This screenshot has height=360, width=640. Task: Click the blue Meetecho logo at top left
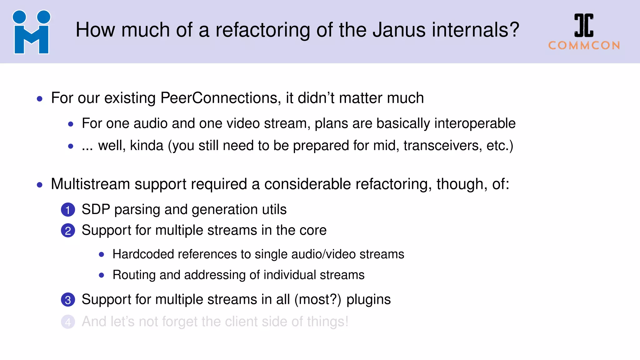31,32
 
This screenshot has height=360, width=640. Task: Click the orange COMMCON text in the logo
584,46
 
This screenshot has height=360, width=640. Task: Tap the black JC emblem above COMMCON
584,25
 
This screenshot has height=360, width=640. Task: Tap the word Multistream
90,184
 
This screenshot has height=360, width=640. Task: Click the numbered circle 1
68,210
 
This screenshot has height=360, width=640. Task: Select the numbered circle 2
68,231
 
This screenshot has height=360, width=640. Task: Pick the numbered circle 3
68,300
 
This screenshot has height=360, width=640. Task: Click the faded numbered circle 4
68,322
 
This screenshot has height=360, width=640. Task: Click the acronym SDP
96,209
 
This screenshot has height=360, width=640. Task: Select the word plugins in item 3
368,300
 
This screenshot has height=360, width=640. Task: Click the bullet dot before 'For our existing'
40,99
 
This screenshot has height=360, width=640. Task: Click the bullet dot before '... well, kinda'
71,146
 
